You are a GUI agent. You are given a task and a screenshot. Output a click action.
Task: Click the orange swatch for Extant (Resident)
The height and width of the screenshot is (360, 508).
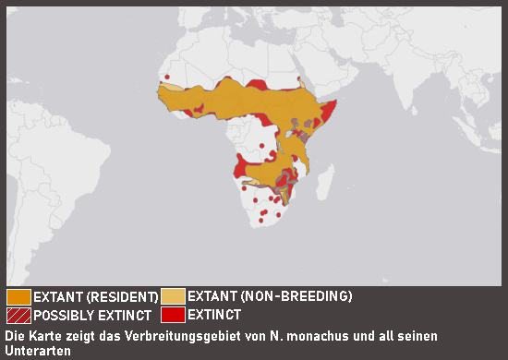pos(18,297)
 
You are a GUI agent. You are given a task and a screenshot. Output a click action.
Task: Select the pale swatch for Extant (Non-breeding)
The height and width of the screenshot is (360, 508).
pos(173,297)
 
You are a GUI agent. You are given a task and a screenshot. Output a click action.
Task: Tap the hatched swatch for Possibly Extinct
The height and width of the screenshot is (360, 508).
pos(18,315)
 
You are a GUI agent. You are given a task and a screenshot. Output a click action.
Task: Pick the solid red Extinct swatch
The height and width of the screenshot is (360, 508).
pos(173,315)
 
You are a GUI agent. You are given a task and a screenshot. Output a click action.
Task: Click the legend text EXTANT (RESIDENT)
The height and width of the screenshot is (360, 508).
pos(95,297)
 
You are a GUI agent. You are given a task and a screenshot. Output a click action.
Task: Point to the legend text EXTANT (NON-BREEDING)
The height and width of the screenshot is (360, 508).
pos(270,297)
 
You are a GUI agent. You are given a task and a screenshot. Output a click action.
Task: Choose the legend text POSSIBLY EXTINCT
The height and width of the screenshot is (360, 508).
pos(95,315)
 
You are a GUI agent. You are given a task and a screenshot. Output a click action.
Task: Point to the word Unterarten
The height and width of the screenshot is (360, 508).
pos(36,351)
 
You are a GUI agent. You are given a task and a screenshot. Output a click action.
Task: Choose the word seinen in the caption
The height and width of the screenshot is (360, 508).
pos(416,335)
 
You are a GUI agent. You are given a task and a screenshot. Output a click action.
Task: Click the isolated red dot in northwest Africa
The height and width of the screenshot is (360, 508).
pos(167,78)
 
